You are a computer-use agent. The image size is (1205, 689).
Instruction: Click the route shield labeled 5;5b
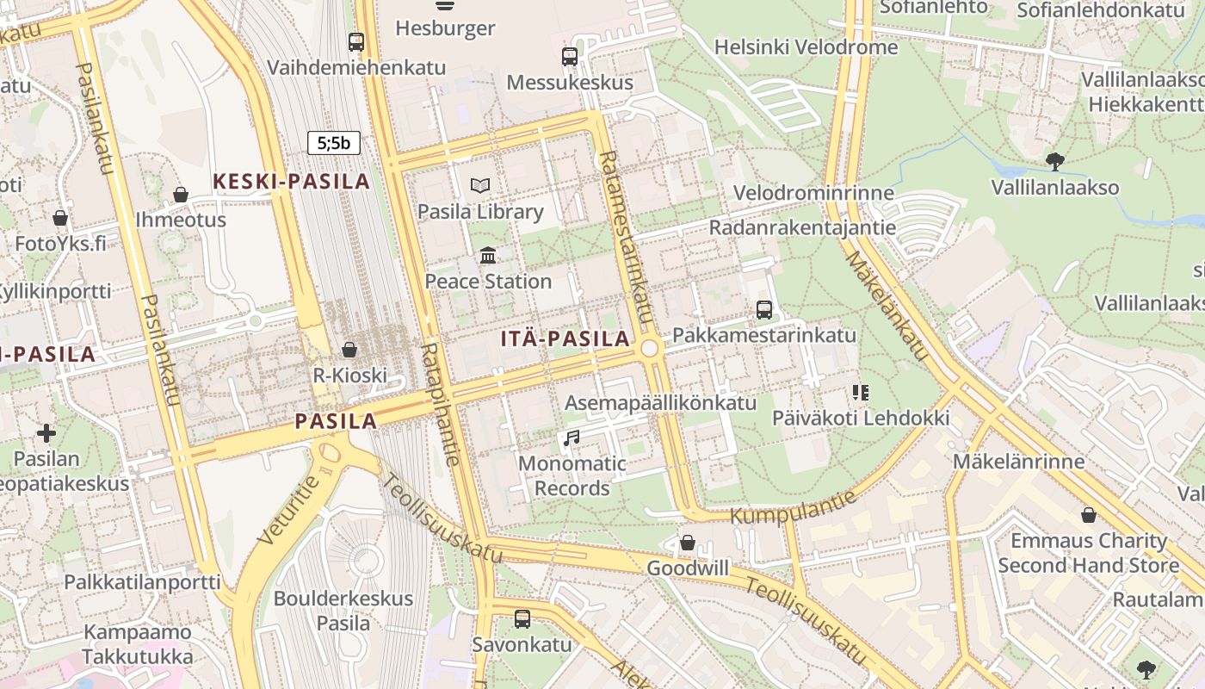click(334, 143)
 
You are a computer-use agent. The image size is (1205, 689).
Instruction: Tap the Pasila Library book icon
click(480, 185)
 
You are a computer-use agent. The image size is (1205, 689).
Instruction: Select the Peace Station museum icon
click(488, 255)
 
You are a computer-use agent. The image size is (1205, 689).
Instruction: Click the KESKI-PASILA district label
click(291, 182)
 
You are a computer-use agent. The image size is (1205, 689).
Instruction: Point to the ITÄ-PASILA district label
click(566, 339)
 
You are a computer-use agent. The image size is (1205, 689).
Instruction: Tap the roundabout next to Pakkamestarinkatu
click(650, 348)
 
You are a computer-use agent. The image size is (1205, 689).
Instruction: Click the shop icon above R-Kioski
click(349, 350)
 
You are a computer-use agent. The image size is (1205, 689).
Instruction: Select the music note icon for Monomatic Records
click(571, 438)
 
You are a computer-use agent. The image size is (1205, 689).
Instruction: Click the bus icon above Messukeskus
click(570, 57)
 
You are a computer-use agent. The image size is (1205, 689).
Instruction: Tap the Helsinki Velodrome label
click(806, 47)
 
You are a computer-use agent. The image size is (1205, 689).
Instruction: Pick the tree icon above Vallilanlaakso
click(1054, 161)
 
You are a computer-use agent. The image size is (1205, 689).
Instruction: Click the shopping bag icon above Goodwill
click(687, 543)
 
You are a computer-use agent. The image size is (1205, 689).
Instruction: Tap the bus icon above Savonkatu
click(522, 618)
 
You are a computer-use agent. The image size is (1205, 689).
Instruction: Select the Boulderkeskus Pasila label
click(343, 610)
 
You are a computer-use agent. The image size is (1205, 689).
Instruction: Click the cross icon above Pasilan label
click(46, 432)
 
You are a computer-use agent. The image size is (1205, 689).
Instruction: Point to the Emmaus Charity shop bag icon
click(1089, 515)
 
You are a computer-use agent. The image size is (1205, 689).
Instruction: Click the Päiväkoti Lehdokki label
click(860, 419)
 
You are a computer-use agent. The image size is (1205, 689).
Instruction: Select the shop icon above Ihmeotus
click(181, 195)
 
